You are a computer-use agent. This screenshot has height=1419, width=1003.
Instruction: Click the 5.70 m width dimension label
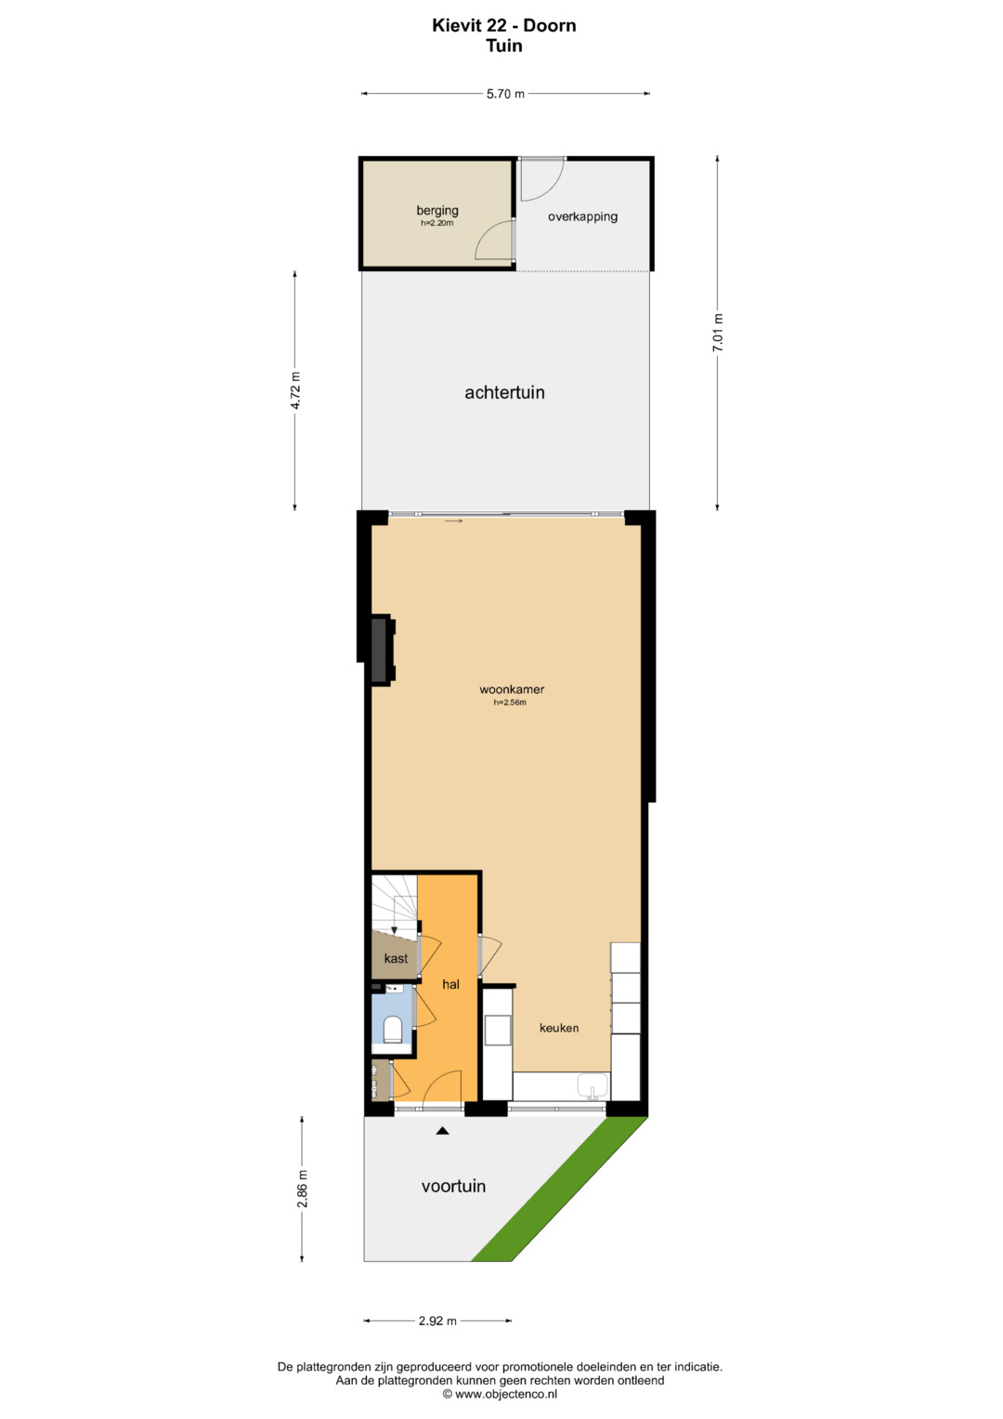[505, 94]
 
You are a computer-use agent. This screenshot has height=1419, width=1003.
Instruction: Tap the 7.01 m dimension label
[717, 333]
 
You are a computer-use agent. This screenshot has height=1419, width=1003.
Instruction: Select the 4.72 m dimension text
[295, 390]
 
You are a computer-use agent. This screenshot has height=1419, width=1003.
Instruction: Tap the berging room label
[437, 210]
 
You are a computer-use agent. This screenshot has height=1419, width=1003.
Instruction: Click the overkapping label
[582, 217]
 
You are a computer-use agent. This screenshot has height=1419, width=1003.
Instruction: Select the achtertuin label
[504, 393]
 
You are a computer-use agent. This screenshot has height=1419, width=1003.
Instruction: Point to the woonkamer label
[512, 690]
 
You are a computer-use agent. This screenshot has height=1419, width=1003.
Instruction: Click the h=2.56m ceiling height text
[510, 703]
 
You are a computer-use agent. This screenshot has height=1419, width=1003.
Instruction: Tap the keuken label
[559, 1028]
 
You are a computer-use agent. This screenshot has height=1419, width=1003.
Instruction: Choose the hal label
[450, 984]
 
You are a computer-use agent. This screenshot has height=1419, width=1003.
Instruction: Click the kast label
[396, 958]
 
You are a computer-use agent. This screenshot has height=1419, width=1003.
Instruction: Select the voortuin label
[453, 1187]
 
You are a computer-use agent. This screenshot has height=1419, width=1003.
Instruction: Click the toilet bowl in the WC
[393, 1030]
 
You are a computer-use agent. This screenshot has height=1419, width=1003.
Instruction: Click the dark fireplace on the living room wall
[381, 650]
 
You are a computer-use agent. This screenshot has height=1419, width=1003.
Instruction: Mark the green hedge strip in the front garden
[560, 1189]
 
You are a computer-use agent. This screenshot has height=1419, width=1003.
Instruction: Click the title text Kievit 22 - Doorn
[504, 25]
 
